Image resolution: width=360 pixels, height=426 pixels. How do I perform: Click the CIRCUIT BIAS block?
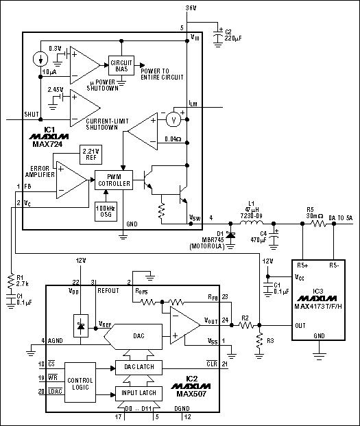[121, 64]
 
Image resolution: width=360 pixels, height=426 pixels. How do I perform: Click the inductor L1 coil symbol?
[255, 223]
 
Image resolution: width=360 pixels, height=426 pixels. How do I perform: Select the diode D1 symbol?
[231, 235]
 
